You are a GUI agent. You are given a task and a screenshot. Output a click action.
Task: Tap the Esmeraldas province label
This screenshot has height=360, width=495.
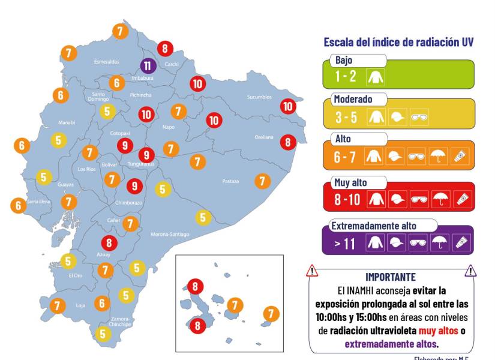107,62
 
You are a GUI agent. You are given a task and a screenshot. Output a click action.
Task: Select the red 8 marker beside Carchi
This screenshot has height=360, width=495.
165,48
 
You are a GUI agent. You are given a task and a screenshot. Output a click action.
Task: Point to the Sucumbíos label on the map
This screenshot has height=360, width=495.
259,97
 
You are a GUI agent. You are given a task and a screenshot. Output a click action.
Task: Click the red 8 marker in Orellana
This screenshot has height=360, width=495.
289,142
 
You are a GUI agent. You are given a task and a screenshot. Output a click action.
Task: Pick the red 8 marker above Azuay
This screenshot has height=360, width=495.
109,243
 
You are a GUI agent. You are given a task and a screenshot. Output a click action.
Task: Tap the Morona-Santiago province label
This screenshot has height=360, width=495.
170,234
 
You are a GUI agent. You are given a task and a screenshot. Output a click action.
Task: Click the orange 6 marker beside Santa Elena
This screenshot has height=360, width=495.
19,205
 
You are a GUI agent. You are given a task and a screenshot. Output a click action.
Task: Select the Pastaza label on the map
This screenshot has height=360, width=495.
230,181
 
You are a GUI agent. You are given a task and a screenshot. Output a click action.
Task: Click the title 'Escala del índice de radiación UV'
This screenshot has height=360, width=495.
398,42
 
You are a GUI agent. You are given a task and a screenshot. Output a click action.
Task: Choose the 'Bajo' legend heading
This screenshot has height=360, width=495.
344,61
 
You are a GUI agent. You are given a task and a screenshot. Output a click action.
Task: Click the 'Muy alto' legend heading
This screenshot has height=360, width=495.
352,182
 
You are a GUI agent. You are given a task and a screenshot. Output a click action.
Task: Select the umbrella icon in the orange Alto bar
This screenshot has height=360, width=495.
440,158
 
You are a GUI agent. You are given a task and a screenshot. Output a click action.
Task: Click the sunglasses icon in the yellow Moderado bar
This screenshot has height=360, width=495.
418,118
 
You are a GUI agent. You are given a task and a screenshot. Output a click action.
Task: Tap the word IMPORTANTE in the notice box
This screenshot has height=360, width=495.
391,277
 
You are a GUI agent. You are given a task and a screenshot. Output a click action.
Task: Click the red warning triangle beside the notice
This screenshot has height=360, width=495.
311,271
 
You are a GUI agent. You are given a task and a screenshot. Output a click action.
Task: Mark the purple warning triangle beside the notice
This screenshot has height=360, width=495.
471,271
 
